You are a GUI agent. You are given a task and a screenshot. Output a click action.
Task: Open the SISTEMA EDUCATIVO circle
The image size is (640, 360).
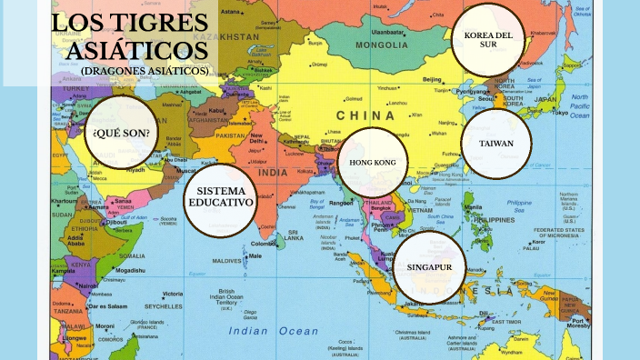(219, 197)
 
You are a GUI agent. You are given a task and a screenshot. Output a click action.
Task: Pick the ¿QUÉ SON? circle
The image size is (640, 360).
(121, 133)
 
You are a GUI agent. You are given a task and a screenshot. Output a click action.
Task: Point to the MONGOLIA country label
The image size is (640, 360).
(381, 44)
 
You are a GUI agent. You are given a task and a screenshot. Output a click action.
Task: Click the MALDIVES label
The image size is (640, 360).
(225, 261)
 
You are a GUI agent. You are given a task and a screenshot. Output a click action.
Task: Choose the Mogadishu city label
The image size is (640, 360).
(130, 270)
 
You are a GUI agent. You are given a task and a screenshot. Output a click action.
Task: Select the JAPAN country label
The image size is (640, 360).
(545, 99)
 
